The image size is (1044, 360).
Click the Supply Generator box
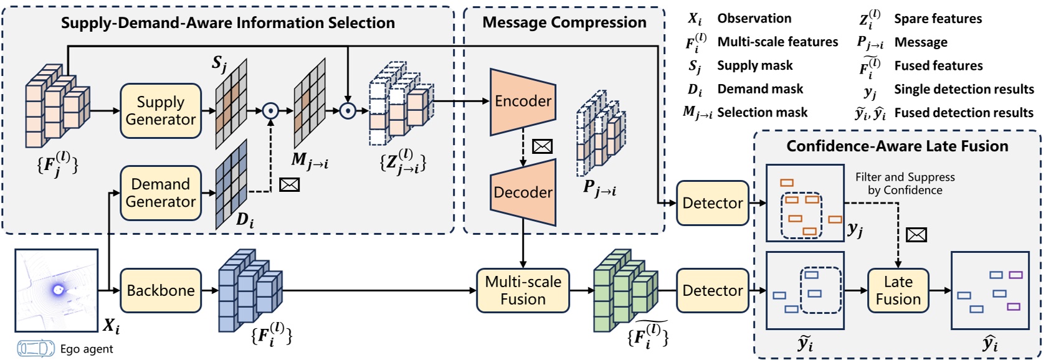(161, 111)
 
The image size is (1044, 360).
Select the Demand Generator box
(161, 193)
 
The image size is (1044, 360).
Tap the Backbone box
(161, 290)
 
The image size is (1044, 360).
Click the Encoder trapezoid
(523, 102)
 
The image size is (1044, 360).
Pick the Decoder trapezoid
(523, 192)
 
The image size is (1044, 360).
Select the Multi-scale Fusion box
(523, 290)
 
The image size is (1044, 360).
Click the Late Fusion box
(898, 290)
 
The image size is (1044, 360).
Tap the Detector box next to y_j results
(712, 203)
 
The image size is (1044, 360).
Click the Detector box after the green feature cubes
(712, 290)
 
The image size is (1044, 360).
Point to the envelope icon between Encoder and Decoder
(543, 146)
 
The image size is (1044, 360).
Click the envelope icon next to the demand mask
(290, 184)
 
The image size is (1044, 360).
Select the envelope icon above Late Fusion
(916, 235)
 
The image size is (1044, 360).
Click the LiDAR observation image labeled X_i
(57, 290)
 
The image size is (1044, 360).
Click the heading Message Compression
(564, 22)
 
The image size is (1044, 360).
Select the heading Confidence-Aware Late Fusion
(897, 146)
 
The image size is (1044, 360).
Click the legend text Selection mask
(762, 113)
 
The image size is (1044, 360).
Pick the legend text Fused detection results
(963, 113)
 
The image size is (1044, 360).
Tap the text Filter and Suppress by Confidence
(904, 184)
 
